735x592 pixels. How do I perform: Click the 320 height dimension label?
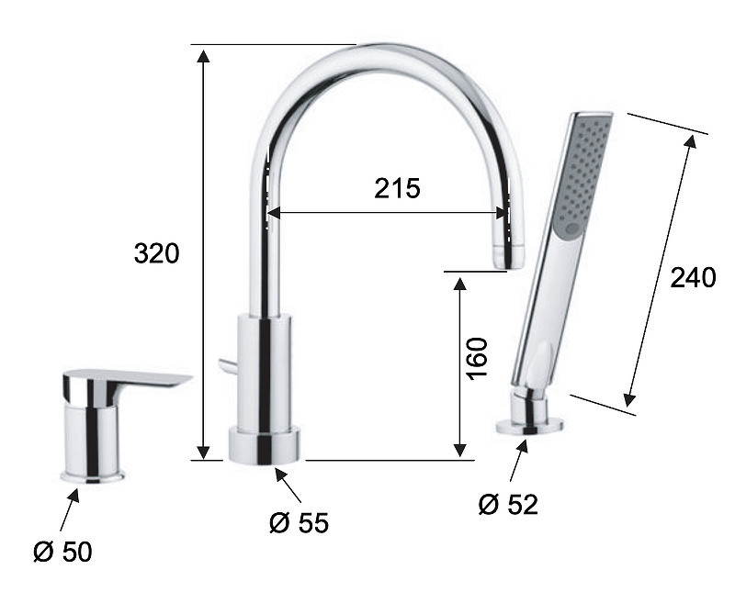(156, 253)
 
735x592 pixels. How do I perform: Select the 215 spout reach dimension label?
(397, 189)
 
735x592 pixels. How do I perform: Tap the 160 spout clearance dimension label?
(477, 357)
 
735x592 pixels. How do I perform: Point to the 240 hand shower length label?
(693, 277)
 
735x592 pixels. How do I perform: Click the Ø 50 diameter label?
(62, 552)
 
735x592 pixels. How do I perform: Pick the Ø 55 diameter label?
(300, 522)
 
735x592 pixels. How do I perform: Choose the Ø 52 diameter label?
(508, 505)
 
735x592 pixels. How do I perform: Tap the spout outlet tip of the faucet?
(508, 257)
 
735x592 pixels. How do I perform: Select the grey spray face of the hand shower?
(581, 174)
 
